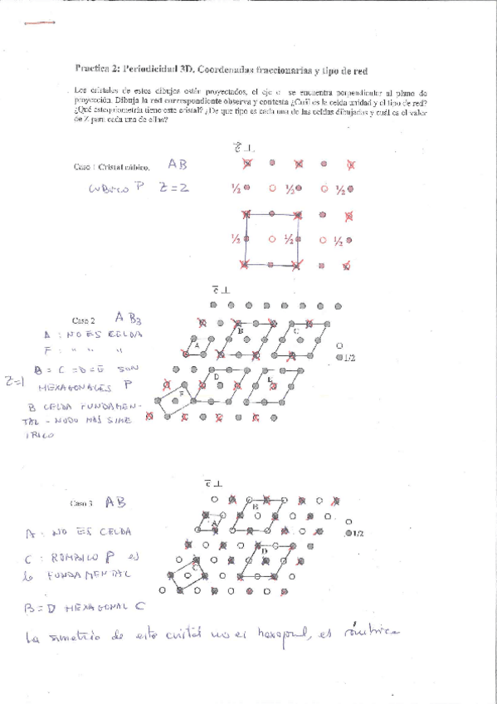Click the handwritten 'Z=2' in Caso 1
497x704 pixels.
coord(173,188)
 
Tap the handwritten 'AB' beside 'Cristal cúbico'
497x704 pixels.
coord(178,164)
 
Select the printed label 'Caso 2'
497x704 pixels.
coord(84,320)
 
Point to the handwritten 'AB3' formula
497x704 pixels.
coord(129,316)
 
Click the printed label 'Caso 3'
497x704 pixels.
coord(82,503)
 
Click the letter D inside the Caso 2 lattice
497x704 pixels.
coord(217,378)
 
